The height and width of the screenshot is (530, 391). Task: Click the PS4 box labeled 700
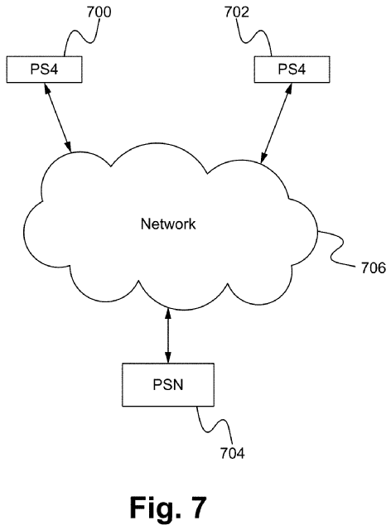click(44, 70)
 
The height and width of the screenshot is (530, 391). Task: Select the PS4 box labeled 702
click(292, 70)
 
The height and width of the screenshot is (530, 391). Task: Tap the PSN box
click(168, 384)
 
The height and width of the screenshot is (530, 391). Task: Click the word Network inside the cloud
click(168, 224)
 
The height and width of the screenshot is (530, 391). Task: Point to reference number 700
click(99, 12)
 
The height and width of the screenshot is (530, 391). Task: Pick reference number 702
click(237, 12)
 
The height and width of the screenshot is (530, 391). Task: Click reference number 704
click(233, 453)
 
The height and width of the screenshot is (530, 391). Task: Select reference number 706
click(374, 268)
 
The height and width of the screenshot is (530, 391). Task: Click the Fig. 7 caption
click(168, 507)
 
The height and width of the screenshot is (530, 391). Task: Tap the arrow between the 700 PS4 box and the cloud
click(57, 118)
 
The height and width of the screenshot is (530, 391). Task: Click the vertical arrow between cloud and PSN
click(168, 336)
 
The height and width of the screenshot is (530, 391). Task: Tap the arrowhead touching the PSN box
click(168, 358)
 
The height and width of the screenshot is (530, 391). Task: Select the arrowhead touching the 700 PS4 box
click(46, 89)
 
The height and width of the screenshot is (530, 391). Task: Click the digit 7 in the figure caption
click(197, 507)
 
